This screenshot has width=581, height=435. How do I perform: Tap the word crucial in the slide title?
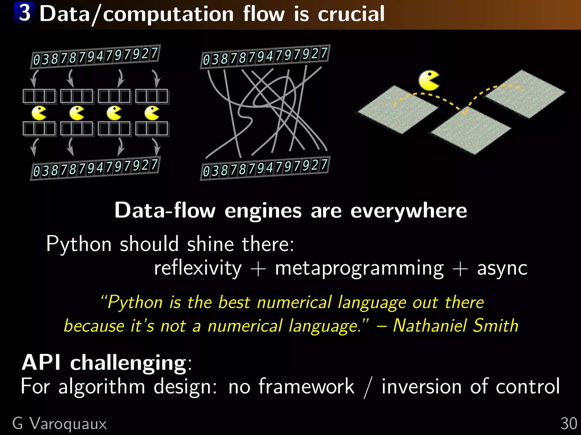tap(351, 14)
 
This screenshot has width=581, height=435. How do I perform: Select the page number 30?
tap(569, 424)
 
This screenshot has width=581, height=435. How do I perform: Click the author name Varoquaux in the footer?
tap(68, 424)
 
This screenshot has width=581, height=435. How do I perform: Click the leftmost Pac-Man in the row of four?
tap(39, 113)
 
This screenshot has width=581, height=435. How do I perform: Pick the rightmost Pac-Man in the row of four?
tap(152, 113)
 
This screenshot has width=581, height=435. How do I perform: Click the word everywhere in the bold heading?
tap(409, 211)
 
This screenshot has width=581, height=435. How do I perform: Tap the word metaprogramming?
tap(359, 268)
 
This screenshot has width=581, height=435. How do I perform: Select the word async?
tap(502, 268)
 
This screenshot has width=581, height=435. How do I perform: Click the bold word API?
tap(41, 362)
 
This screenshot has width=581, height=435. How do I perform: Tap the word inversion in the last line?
tap(422, 386)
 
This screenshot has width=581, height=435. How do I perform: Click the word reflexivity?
tap(198, 268)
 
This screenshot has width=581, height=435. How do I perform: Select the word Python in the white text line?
tap(79, 244)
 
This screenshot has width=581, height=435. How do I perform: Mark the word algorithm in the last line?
tap(102, 386)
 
